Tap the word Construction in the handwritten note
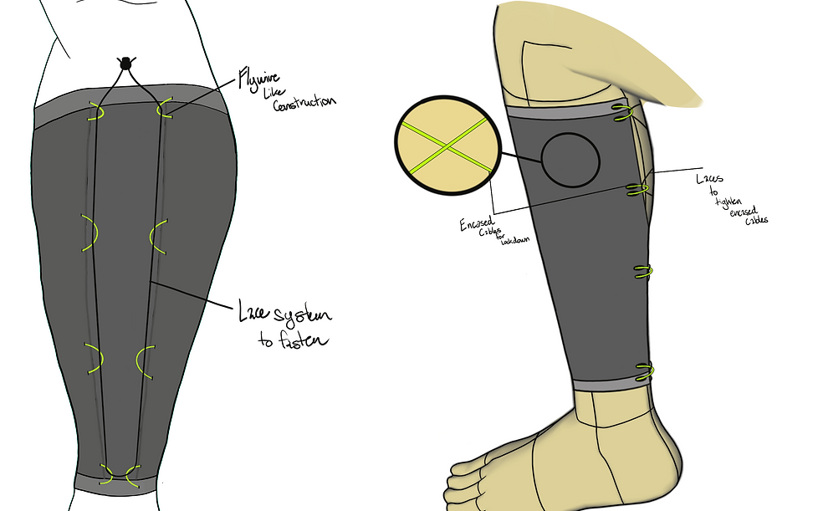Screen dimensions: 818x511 304,103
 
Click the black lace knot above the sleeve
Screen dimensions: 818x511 125,63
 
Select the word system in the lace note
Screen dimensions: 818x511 299,315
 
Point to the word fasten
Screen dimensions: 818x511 293,340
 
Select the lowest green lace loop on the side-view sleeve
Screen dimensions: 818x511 642,370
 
